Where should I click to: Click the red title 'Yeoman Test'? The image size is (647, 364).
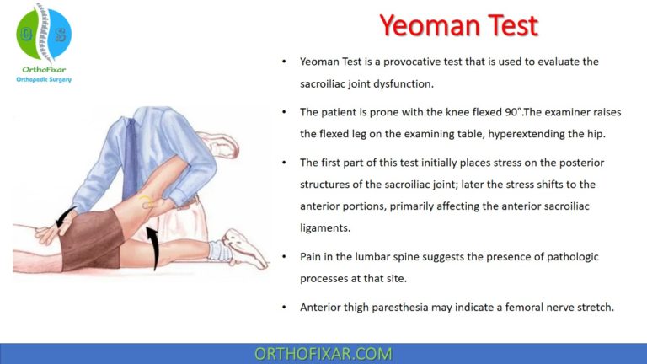(x=458, y=25)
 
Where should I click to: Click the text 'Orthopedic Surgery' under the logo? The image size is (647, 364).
(x=44, y=79)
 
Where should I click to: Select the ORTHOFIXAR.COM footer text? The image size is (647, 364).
(x=323, y=353)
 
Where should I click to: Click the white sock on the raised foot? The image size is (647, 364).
(x=221, y=249)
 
